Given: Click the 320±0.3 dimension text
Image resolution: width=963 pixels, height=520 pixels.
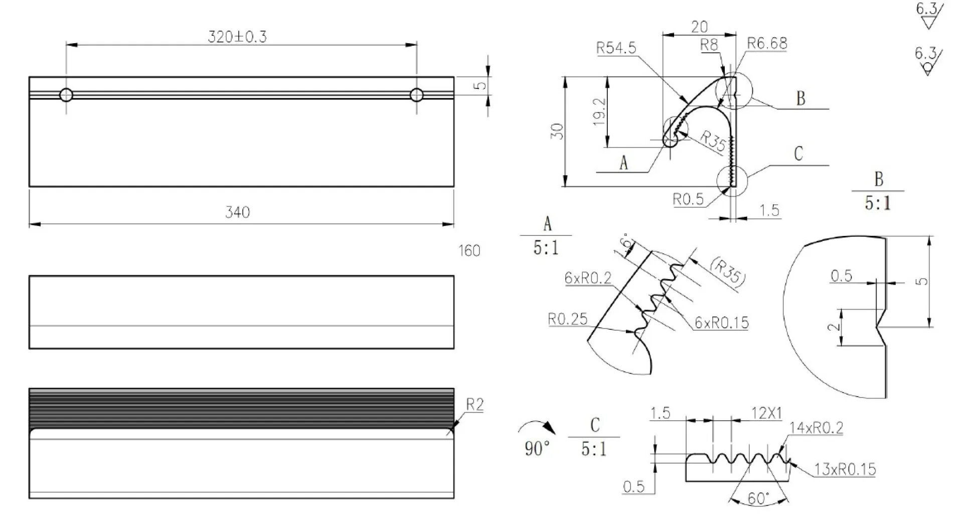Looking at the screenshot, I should (237, 37).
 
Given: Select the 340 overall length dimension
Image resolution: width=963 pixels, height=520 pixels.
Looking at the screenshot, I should (237, 212).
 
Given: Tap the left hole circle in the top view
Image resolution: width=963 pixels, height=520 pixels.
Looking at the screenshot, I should (66, 95).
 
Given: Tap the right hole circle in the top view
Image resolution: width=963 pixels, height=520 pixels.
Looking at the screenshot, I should (416, 95).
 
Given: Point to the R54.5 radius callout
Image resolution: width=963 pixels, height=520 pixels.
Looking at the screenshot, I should (616, 48).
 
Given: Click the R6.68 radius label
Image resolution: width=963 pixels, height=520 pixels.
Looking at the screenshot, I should (767, 44).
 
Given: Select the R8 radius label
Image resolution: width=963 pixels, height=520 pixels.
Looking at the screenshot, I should (709, 45).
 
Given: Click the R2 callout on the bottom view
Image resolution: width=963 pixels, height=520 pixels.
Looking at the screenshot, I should (474, 405).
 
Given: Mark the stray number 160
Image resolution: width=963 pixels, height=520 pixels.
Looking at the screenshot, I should (469, 250).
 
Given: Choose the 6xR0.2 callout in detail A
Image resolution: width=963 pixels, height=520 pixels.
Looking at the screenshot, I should (588, 278).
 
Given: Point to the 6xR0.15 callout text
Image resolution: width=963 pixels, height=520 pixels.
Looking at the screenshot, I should (721, 323).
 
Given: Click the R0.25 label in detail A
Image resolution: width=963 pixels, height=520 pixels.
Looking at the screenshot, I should (567, 319).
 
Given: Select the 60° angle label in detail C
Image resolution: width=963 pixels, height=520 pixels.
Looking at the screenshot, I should (758, 498).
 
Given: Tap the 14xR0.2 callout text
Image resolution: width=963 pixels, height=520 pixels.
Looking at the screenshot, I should (816, 428).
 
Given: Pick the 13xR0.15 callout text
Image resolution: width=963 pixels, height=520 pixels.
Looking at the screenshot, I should (845, 470).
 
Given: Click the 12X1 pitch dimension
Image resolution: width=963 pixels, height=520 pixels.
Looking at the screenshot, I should (766, 413).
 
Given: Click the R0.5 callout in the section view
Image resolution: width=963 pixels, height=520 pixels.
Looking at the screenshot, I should (688, 200).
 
